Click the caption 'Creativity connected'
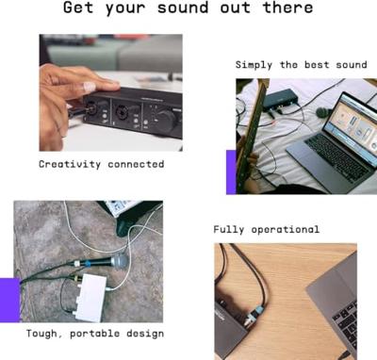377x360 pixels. (x=101, y=164)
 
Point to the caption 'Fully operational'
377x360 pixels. (x=266, y=229)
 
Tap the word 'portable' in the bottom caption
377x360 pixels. (x=99, y=334)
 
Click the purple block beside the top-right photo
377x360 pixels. (x=231, y=172)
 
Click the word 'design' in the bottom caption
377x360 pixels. (x=145, y=334)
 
